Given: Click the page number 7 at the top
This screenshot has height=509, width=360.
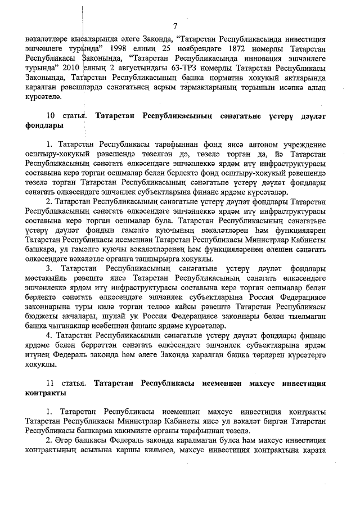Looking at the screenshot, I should point(176,26).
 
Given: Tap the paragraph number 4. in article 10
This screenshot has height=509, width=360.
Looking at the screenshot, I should point(49,335).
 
